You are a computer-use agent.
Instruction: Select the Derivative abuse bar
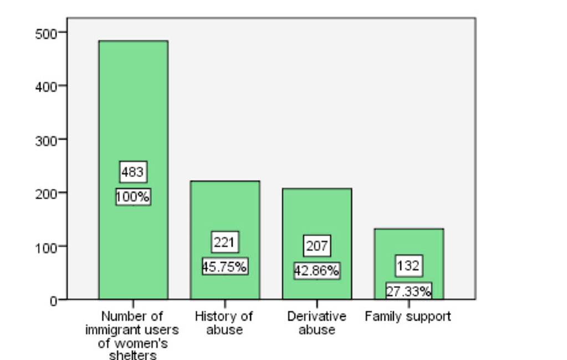(316, 216)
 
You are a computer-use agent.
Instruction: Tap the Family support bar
(408, 244)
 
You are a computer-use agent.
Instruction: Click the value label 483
(133, 172)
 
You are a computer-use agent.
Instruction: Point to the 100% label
(133, 197)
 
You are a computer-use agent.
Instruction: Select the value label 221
(224, 242)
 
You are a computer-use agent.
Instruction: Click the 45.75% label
(224, 267)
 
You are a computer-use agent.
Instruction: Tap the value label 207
(316, 246)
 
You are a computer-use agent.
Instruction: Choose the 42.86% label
(316, 271)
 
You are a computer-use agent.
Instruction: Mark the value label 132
(408, 266)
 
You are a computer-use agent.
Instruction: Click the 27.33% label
(408, 291)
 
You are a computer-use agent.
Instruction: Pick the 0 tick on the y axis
(54, 301)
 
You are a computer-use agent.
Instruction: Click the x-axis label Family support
(408, 317)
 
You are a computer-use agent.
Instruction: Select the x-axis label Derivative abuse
(316, 323)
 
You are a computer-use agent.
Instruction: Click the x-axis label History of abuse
(224, 323)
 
